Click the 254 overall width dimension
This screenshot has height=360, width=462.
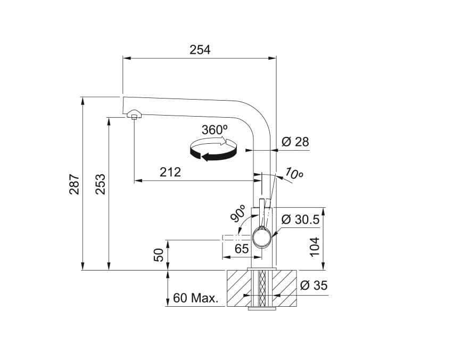pyautogui.click(x=200, y=50)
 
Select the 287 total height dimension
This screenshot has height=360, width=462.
pyautogui.click(x=74, y=184)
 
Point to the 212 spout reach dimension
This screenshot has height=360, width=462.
pyautogui.click(x=170, y=172)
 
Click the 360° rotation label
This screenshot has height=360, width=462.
pyautogui.click(x=214, y=129)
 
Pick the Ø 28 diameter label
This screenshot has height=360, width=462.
pyautogui.click(x=295, y=142)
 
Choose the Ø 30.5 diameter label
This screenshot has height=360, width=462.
pyautogui.click(x=300, y=219)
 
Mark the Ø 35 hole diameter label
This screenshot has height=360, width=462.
pyautogui.click(x=313, y=285)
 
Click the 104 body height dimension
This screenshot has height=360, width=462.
pyautogui.click(x=315, y=246)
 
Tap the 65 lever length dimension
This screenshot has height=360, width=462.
pyautogui.click(x=241, y=249)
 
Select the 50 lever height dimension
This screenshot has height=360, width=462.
pyautogui.click(x=159, y=255)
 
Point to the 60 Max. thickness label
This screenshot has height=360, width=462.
pyautogui.click(x=196, y=298)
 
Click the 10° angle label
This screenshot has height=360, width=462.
pyautogui.click(x=294, y=174)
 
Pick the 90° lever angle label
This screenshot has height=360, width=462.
pyautogui.click(x=238, y=214)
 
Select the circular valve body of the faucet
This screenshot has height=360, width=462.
pyautogui.click(x=262, y=237)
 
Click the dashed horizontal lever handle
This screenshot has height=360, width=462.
pyautogui.click(x=234, y=238)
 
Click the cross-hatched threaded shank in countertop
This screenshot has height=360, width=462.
pyautogui.click(x=261, y=288)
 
